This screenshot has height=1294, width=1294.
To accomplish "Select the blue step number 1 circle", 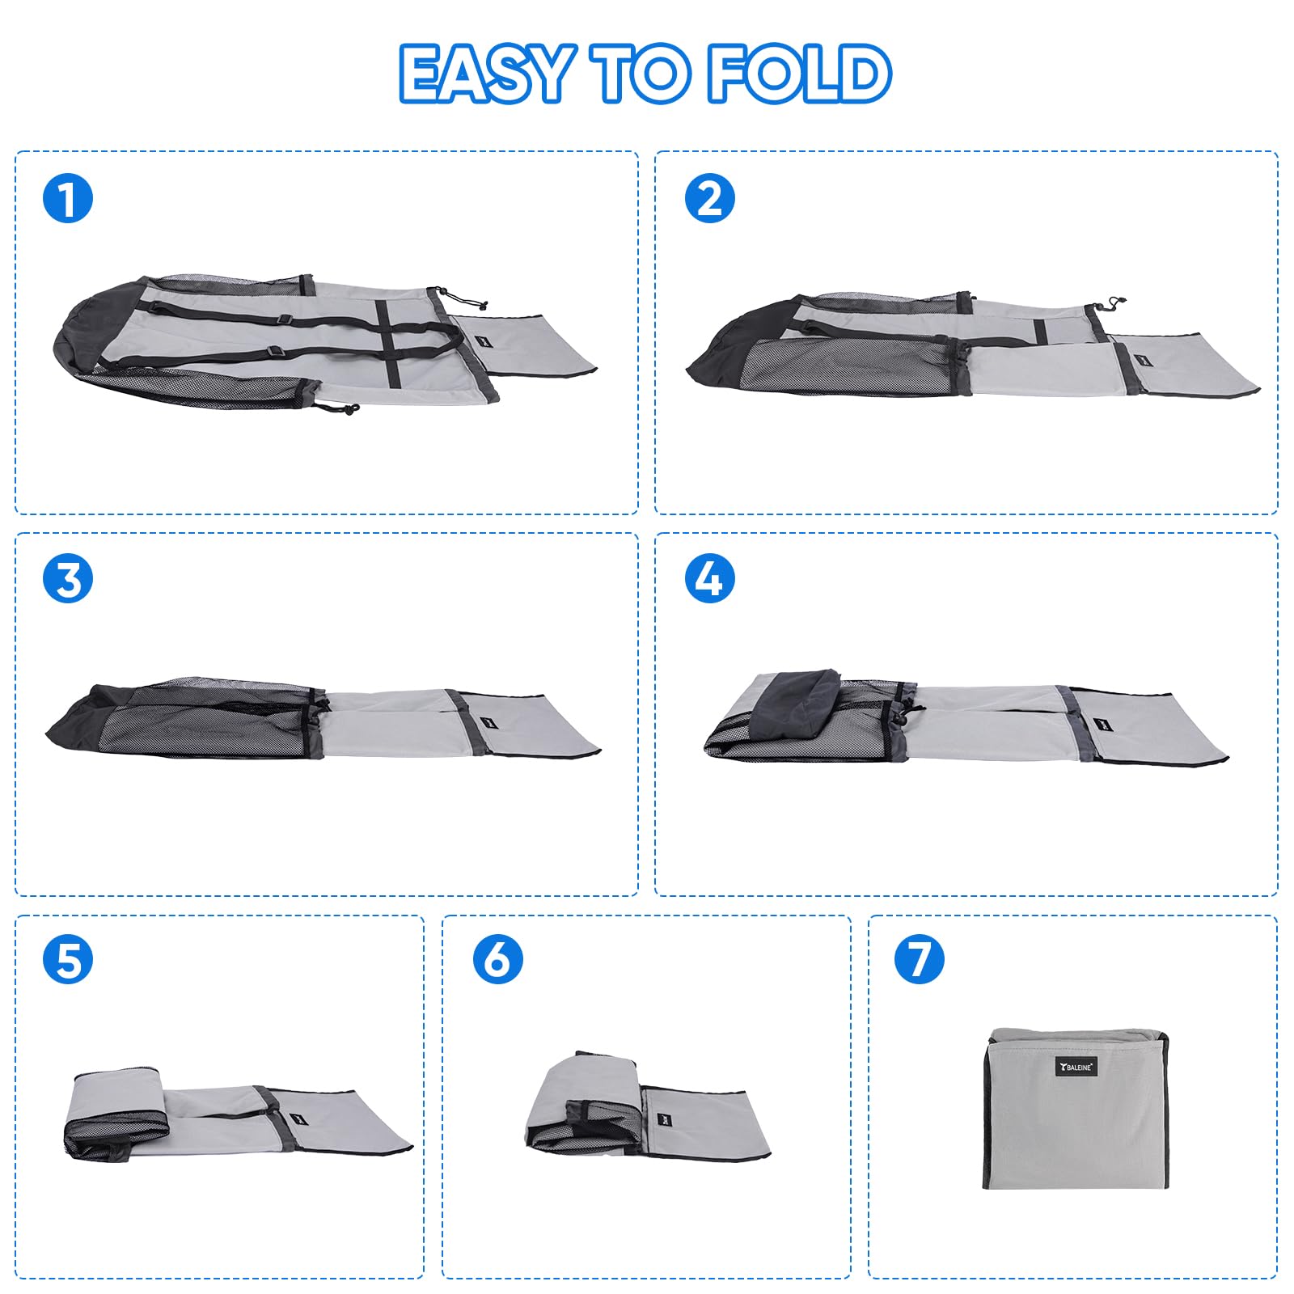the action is [x=68, y=199].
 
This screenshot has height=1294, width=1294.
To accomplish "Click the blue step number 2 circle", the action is [x=709, y=199].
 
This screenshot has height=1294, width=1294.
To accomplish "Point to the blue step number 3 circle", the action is [x=68, y=579].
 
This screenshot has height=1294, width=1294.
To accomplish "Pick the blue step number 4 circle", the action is [x=709, y=579].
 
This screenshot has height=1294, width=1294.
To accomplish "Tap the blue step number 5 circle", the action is [x=68, y=960].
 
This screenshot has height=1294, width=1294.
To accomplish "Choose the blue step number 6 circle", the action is [x=497, y=960].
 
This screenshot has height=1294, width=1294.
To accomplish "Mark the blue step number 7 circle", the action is [x=919, y=960].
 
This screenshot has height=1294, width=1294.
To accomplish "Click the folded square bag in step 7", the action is [x=1076, y=1109].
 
